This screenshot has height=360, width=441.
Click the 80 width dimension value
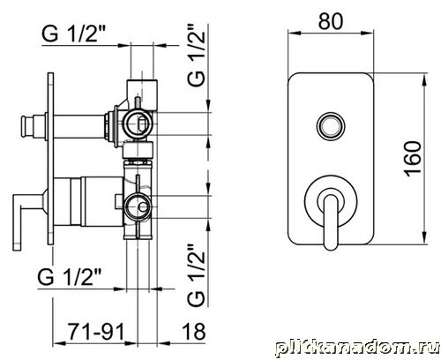331,21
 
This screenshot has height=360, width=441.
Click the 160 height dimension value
413,159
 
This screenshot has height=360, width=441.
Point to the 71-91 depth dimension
97,331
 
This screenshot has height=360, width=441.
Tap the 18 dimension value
194,331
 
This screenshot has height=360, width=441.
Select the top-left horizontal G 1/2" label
73,34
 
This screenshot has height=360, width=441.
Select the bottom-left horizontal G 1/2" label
70,277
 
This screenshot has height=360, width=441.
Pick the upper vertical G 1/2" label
196,55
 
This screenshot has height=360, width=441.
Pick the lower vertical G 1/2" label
196,275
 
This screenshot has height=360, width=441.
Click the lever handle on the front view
331,219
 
